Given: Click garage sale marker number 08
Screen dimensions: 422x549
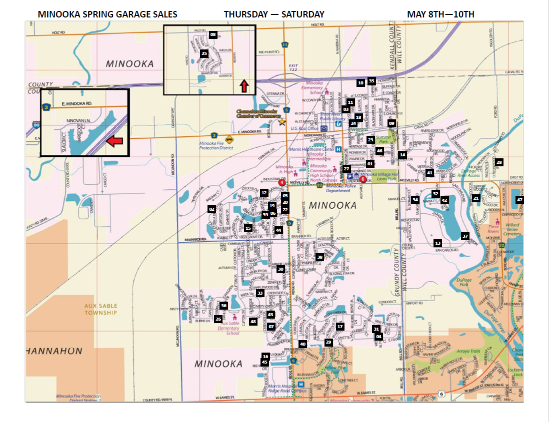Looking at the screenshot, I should tap(213, 35).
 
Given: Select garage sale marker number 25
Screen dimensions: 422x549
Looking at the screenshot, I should tap(204, 53).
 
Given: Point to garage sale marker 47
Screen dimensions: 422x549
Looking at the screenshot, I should tap(519, 200).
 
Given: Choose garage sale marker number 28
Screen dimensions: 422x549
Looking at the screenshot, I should tap(499, 162).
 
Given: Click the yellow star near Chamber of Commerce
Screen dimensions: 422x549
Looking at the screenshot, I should tap(282, 121).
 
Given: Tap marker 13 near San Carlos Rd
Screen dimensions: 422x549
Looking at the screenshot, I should tap(438, 243).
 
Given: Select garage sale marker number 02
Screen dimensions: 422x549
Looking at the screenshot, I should tap(212, 209).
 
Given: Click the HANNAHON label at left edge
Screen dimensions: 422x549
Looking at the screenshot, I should tap(54, 351).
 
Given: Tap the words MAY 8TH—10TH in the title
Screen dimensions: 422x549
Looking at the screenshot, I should tap(440, 14).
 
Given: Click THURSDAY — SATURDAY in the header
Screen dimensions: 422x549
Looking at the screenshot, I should tap(274, 14).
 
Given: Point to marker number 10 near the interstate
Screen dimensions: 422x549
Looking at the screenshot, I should tap(360, 82).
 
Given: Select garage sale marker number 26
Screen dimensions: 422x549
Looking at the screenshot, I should tap(218, 319).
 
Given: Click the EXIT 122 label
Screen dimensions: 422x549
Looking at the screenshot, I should tap(293, 68).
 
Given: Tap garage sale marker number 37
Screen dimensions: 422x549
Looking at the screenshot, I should tap(464, 236).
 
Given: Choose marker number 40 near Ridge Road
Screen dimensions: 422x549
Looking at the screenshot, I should tap(302, 344).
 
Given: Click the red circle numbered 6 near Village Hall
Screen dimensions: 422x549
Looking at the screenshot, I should tap(363, 179).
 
